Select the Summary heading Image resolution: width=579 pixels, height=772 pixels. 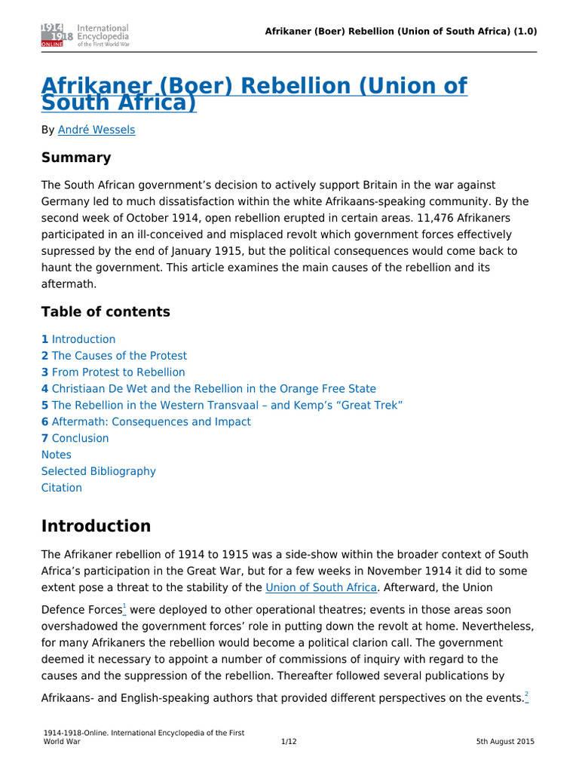click(x=76, y=158)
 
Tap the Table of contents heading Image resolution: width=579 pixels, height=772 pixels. click(x=106, y=312)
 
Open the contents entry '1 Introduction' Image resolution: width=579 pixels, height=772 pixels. click(x=78, y=339)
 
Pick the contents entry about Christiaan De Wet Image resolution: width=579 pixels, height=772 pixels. click(x=208, y=389)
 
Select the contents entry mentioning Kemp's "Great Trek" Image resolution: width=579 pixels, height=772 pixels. click(x=222, y=406)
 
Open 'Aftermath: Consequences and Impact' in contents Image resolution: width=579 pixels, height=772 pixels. click(x=146, y=422)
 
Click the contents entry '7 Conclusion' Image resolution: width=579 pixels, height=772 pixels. click(x=75, y=439)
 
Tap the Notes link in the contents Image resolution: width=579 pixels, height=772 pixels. click(x=57, y=455)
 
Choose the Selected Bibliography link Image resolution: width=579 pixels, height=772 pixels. click(x=99, y=471)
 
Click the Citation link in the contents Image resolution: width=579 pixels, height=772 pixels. click(x=62, y=488)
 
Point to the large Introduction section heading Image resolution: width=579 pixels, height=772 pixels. click(x=96, y=526)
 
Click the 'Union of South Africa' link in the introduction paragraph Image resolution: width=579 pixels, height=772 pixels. click(x=320, y=587)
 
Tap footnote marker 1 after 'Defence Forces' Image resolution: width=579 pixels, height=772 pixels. click(x=124, y=607)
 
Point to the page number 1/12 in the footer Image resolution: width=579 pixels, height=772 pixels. click(x=289, y=742)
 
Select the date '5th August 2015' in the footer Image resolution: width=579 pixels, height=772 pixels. click(x=505, y=742)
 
